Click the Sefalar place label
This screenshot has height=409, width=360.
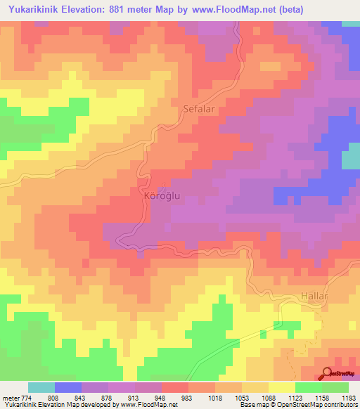coord(198,109)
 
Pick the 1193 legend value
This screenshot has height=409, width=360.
coord(349,398)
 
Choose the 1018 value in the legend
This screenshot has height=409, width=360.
coord(216,398)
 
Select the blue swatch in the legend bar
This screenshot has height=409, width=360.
coord(67,387)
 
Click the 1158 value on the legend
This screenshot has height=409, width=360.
coord(323,398)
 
